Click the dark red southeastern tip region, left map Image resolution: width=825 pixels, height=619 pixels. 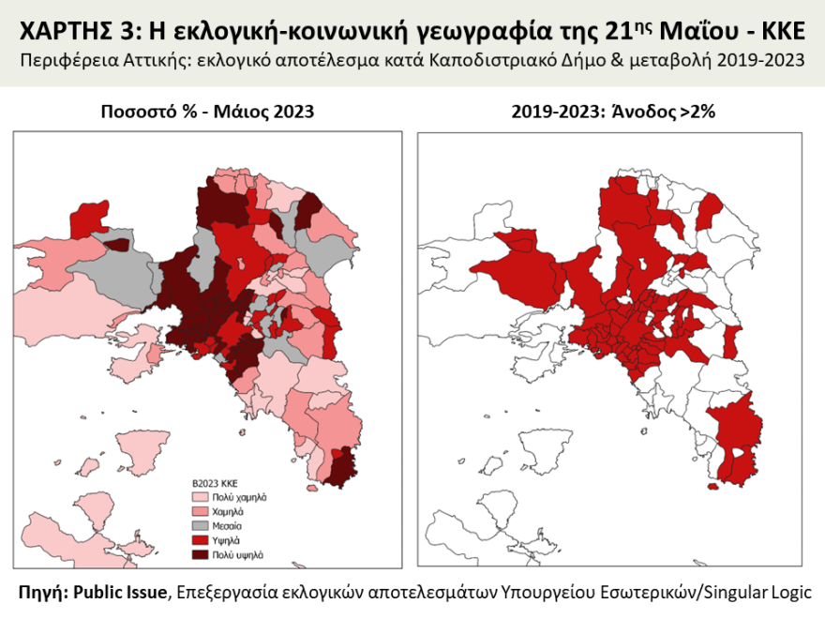click(343, 465)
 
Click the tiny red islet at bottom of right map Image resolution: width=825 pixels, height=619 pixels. click(712, 486)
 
